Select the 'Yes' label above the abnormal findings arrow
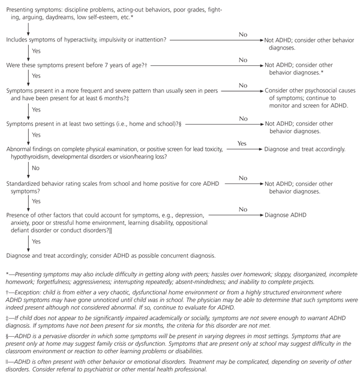pos(242,144)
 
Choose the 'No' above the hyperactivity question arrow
pos(242,34)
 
